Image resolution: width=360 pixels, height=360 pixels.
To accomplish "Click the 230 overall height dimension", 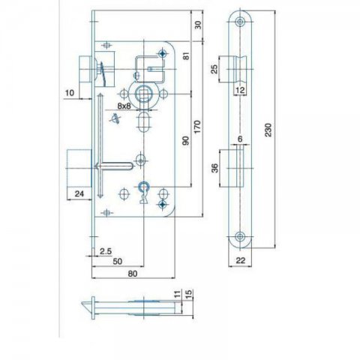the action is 268,130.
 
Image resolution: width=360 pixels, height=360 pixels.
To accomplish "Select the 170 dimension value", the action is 197,127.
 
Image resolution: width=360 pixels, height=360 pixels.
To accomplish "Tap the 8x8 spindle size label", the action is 124,106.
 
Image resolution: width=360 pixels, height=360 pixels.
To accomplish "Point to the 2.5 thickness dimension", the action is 106,251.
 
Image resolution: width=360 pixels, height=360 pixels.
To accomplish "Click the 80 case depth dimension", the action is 133,274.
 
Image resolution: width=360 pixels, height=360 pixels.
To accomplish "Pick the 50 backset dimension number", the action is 118,262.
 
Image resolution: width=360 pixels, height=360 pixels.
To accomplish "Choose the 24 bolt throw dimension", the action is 79,193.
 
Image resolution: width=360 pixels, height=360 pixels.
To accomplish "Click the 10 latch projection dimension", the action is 70,93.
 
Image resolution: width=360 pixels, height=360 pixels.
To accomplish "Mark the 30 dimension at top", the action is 198,25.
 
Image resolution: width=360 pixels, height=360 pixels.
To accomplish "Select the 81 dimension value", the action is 187,55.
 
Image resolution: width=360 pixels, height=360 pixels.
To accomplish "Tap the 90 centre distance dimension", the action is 186,141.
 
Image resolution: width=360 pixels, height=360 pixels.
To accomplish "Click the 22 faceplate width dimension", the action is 241,260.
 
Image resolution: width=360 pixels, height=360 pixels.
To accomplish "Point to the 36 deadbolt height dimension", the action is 215,168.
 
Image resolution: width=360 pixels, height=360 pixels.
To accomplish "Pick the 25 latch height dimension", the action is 214,69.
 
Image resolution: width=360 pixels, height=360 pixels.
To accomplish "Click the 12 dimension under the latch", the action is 240,90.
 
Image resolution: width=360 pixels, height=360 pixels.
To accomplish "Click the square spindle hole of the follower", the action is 141,94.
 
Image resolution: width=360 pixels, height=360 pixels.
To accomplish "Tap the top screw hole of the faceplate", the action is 240,22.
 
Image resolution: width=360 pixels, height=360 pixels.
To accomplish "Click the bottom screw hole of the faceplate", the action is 240,236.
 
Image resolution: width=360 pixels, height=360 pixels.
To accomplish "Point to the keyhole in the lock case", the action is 143,193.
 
